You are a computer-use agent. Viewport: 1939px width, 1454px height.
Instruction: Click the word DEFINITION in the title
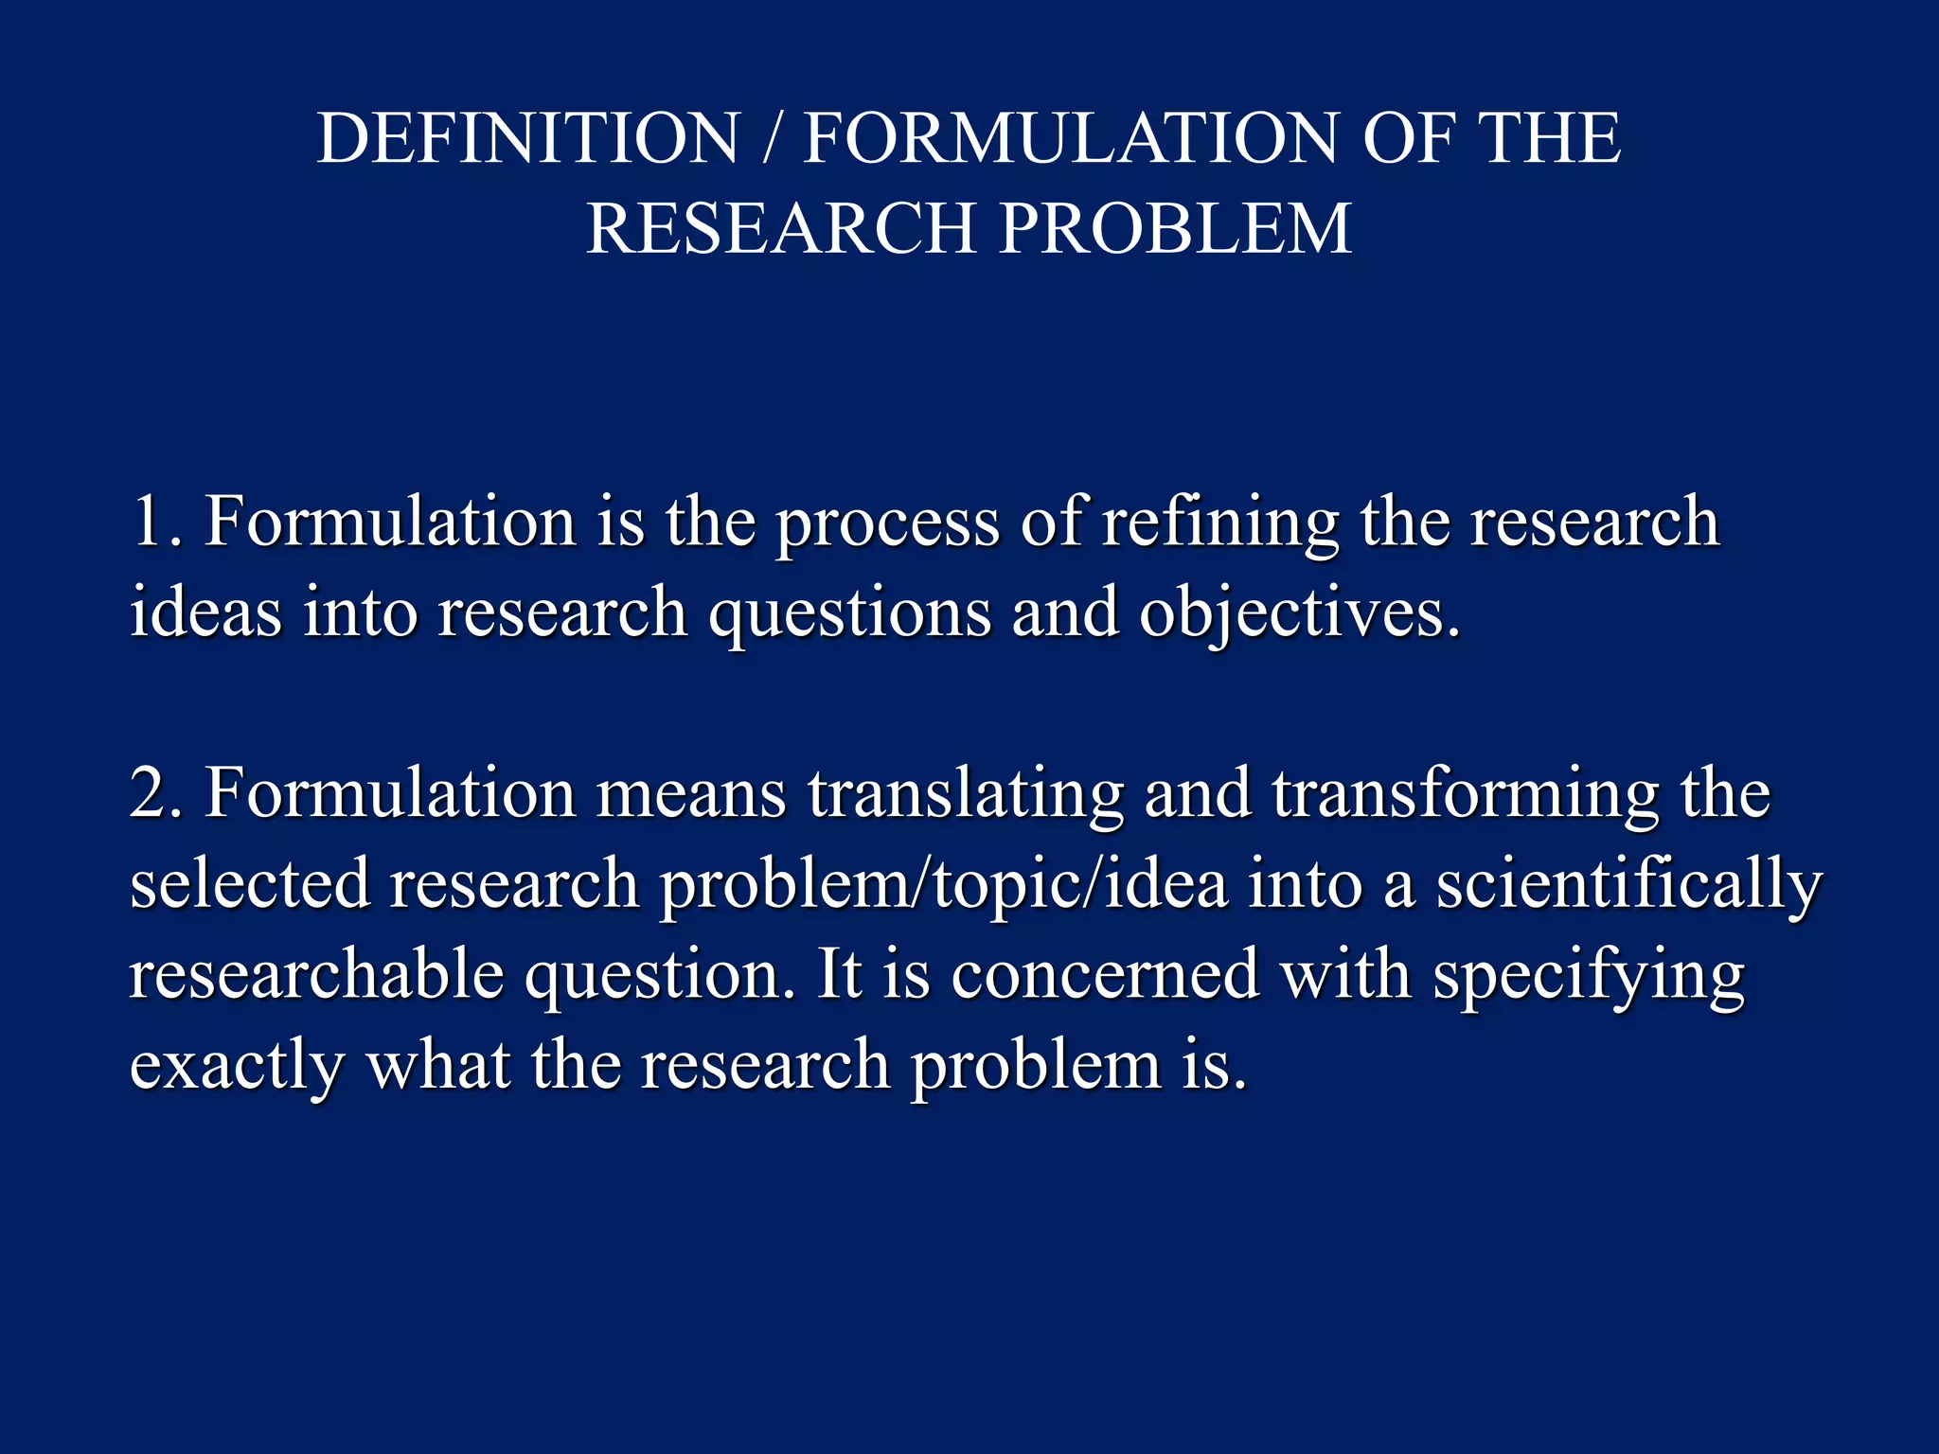527,138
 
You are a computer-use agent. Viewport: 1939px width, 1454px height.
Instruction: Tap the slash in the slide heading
772,138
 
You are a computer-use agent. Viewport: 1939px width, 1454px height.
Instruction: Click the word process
887,523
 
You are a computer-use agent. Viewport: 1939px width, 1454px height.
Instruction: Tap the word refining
1221,523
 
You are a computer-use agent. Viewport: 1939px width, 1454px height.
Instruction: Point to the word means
691,793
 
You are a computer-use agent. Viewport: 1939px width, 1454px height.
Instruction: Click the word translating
966,793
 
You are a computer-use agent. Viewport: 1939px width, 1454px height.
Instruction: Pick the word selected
249,883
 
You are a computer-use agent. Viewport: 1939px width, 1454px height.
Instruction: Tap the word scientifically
1628,883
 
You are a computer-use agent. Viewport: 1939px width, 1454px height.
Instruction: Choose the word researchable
316,974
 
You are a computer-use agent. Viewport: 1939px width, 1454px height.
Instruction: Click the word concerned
1105,974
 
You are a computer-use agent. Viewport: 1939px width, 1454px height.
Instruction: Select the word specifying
1588,976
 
